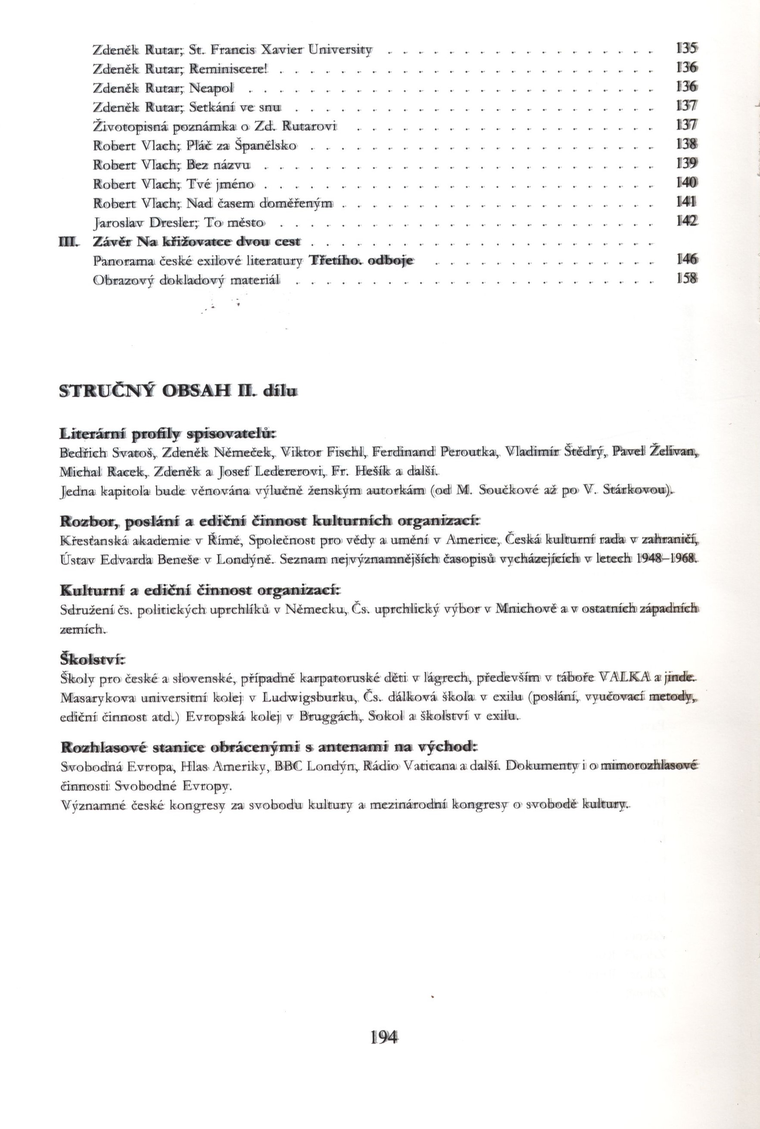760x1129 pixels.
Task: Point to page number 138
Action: coord(686,144)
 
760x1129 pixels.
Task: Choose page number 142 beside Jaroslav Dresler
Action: coord(686,221)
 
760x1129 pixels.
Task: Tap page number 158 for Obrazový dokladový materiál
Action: coord(686,279)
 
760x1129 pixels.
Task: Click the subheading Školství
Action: coord(92,659)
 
